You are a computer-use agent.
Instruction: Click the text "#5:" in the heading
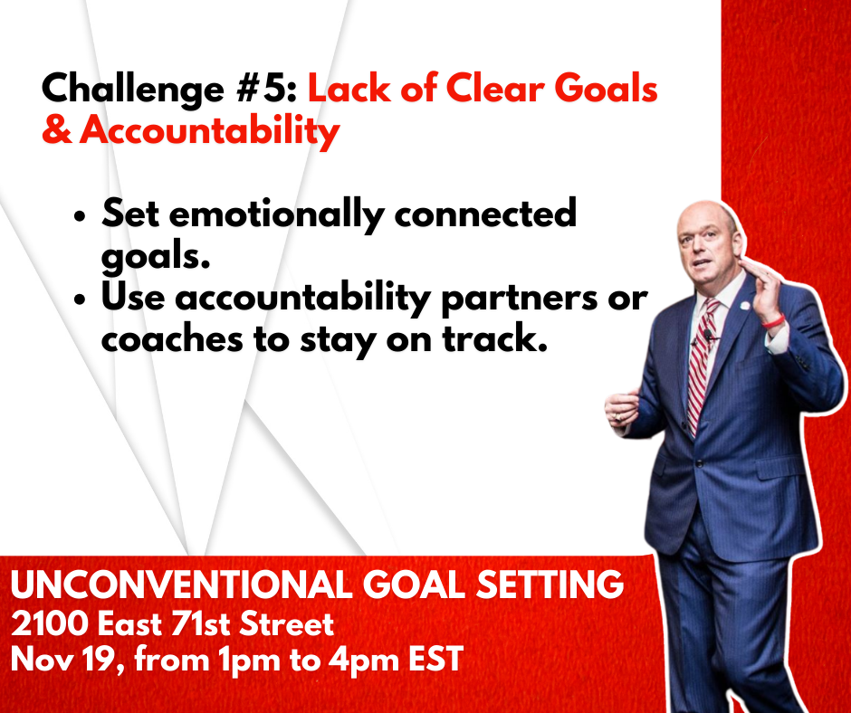266,89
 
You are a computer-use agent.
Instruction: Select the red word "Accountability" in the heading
210,132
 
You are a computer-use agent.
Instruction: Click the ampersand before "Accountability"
56,130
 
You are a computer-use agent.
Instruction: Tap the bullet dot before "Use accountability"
80,300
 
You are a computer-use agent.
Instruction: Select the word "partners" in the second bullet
520,300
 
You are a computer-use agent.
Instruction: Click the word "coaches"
172,338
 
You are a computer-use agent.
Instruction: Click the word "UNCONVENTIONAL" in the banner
181,585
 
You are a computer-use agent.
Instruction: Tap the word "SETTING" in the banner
550,585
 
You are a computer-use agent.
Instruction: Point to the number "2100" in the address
50,624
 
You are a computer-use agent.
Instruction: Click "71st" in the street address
200,624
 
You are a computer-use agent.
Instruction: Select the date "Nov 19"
63,661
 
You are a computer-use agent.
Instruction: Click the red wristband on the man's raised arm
772,321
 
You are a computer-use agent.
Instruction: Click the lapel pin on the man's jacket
744,306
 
